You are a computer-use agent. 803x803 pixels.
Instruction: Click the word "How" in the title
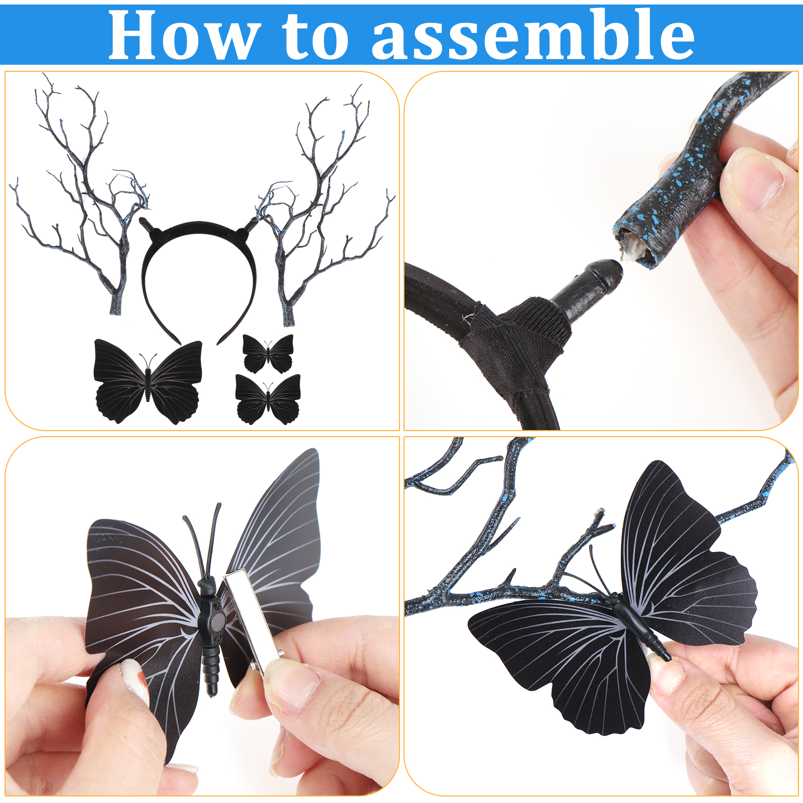point(184,35)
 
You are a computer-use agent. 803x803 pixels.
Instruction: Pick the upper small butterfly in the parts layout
point(268,353)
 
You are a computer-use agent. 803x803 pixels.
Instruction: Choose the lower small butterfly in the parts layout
point(268,399)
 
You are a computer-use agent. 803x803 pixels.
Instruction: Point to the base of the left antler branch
point(116,304)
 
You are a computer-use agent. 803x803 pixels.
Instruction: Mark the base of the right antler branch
point(289,315)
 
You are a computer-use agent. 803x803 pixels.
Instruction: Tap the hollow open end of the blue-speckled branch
point(637,247)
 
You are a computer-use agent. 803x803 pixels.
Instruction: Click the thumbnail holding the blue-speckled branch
point(751,179)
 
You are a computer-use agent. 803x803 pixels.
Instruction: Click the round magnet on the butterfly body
point(217,622)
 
